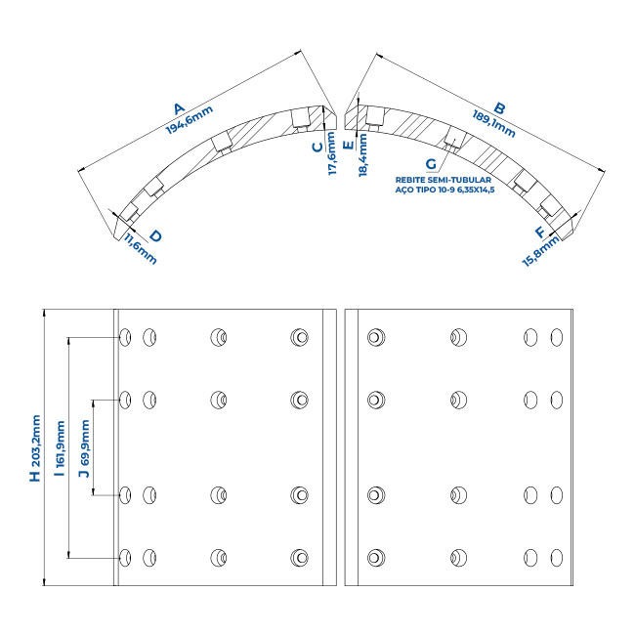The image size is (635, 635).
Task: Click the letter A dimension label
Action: coord(179,108)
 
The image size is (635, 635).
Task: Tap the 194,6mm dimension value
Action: coord(190,120)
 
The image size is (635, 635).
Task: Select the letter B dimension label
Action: coord(500,108)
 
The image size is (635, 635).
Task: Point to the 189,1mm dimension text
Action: coord(494,123)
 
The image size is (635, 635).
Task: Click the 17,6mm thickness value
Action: coord(332,153)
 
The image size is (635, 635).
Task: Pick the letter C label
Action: coord(318,147)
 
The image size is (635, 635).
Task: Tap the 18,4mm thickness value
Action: coord(362,155)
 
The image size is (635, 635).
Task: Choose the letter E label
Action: coord(349,145)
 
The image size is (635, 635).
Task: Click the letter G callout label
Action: coord(431,164)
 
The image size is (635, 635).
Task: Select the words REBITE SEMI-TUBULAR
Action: coord(444,180)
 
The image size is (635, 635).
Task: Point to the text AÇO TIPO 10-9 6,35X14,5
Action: coord(444,190)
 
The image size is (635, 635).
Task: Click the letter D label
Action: coord(155,236)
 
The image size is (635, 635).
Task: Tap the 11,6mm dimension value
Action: coord(140,249)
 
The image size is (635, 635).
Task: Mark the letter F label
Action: coord(540,233)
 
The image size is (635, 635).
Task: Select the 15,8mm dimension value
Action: coord(541,251)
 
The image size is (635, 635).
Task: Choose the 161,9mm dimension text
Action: coord(61,444)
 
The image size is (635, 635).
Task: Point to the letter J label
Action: coord(85,473)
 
